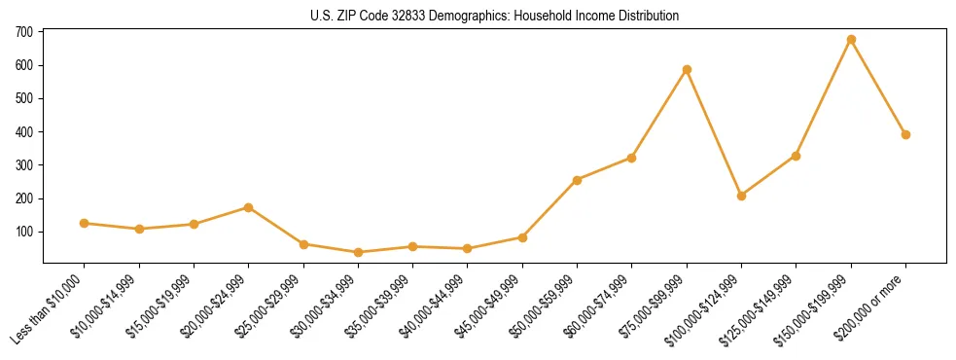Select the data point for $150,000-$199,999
(x=851, y=40)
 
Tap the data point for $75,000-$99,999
(x=687, y=70)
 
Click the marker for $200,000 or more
(x=905, y=135)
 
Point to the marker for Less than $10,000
(x=85, y=223)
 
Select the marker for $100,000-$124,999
(x=741, y=196)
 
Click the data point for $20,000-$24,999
(x=249, y=207)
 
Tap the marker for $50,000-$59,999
(x=577, y=180)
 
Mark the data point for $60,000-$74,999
(x=632, y=158)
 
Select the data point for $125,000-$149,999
(x=797, y=156)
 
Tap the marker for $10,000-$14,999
(x=139, y=229)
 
